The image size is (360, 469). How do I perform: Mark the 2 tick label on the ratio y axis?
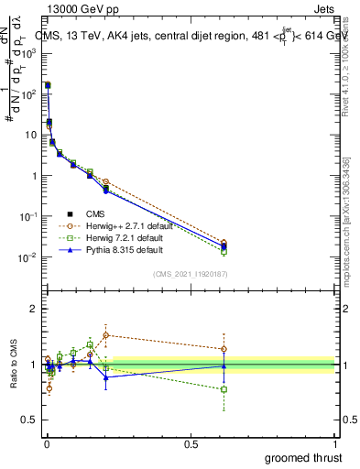33,310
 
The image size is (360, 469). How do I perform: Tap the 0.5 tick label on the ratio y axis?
29,420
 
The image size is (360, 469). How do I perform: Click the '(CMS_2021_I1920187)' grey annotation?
190,273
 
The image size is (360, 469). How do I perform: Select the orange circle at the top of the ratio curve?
106,335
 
